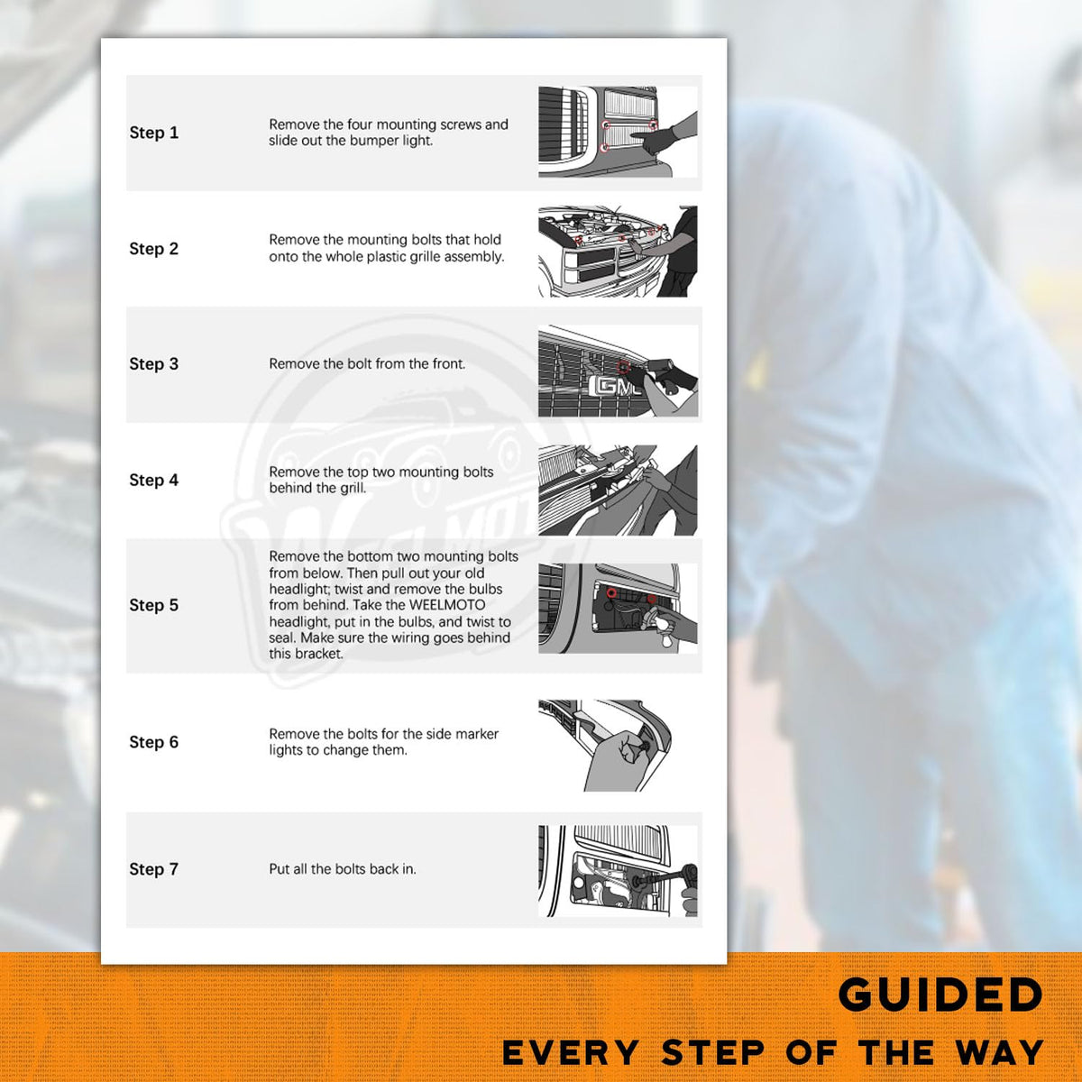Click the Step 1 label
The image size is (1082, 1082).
coord(154,133)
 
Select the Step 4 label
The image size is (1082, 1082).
coord(154,480)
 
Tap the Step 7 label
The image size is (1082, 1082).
coord(154,869)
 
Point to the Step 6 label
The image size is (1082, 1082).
coord(154,742)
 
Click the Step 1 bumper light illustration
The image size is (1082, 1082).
coord(618,132)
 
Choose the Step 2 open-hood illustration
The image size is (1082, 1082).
coord(618,252)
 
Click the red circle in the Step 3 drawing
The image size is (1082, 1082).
coord(623,367)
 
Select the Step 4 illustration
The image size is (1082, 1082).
coord(618,491)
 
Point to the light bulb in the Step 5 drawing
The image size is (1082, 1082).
coord(657,624)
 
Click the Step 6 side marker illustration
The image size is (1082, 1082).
coord(607,746)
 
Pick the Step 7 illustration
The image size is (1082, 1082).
coord(618,871)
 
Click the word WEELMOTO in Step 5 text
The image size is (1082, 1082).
coord(447,605)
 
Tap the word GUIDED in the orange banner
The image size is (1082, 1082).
coord(940,994)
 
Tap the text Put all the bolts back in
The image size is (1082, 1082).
coord(343,869)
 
